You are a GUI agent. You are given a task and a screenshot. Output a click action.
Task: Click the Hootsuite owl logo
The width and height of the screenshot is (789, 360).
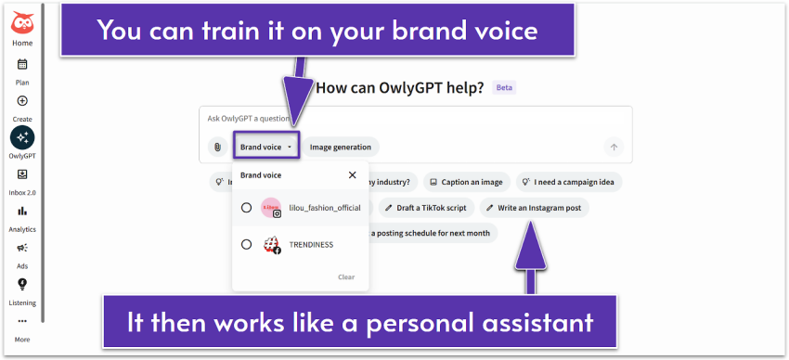pyautogui.click(x=22, y=21)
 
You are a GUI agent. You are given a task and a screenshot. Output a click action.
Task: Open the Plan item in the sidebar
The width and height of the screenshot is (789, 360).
pyautogui.click(x=22, y=65)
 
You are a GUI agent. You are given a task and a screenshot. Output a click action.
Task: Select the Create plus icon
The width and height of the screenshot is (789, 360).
pyautogui.click(x=22, y=101)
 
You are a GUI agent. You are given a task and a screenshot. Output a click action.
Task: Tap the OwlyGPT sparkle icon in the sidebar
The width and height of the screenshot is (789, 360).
pyautogui.click(x=22, y=137)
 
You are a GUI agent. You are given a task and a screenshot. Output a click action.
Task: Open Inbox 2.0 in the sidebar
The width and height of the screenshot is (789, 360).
pyautogui.click(x=22, y=174)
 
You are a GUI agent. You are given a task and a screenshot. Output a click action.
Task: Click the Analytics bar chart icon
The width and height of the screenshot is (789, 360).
pyautogui.click(x=22, y=212)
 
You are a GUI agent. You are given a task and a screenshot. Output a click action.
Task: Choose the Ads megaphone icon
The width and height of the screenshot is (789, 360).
pyautogui.click(x=22, y=248)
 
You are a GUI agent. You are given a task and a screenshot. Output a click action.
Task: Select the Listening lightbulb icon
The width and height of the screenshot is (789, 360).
pyautogui.click(x=22, y=284)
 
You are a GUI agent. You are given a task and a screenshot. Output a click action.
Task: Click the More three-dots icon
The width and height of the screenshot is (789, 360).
pyautogui.click(x=22, y=321)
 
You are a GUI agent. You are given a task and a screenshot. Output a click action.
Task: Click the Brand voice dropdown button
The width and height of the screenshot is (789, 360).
pyautogui.click(x=265, y=147)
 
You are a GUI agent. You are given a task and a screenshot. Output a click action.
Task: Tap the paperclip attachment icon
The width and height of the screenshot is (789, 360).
pyautogui.click(x=217, y=147)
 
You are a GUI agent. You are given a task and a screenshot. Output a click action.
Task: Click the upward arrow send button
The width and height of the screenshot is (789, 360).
pyautogui.click(x=613, y=147)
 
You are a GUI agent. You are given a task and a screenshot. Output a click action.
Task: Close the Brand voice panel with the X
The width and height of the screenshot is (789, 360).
pyautogui.click(x=352, y=174)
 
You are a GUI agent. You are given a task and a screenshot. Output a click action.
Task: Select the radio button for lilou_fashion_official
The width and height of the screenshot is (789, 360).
pyautogui.click(x=246, y=208)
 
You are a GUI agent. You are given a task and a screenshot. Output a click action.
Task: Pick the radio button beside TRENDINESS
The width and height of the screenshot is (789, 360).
pyautogui.click(x=246, y=245)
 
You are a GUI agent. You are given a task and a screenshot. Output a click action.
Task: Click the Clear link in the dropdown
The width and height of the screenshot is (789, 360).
pyautogui.click(x=345, y=276)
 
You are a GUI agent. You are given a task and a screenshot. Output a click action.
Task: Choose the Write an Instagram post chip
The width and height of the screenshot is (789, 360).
pyautogui.click(x=534, y=208)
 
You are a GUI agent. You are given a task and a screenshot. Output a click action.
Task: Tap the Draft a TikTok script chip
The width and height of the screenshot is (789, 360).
pyautogui.click(x=425, y=208)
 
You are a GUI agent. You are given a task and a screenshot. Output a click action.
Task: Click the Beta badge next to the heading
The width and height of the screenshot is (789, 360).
pyautogui.click(x=504, y=88)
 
